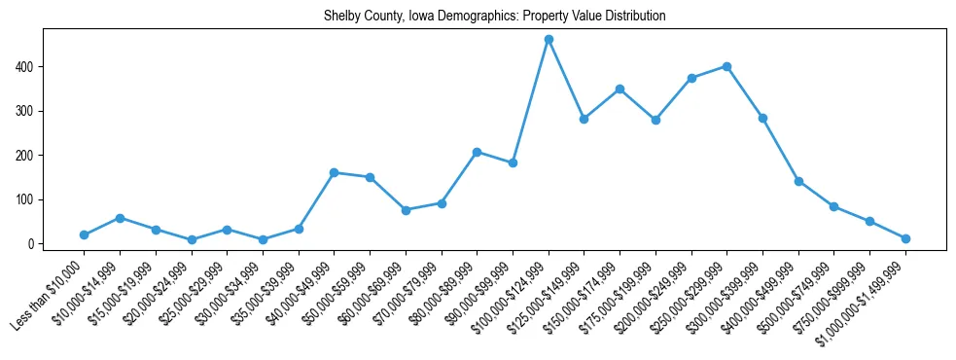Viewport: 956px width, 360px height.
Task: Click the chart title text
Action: (494, 17)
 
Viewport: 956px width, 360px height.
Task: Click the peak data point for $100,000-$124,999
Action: (549, 40)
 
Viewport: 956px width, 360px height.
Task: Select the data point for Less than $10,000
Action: (84, 234)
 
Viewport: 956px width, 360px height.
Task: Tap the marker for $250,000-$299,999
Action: (726, 66)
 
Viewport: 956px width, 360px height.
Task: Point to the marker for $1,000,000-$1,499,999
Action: (905, 238)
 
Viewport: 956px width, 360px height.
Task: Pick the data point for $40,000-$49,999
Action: (334, 172)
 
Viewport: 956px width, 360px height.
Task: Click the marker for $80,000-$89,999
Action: (477, 152)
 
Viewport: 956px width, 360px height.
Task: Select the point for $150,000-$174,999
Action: (620, 89)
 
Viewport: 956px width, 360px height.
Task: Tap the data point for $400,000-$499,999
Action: (798, 181)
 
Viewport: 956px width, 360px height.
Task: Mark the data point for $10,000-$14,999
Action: (120, 218)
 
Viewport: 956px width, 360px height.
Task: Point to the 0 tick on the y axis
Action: (32, 244)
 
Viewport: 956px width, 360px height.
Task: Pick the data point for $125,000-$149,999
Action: (584, 119)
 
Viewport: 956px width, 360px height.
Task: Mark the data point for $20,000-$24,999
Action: (191, 239)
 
